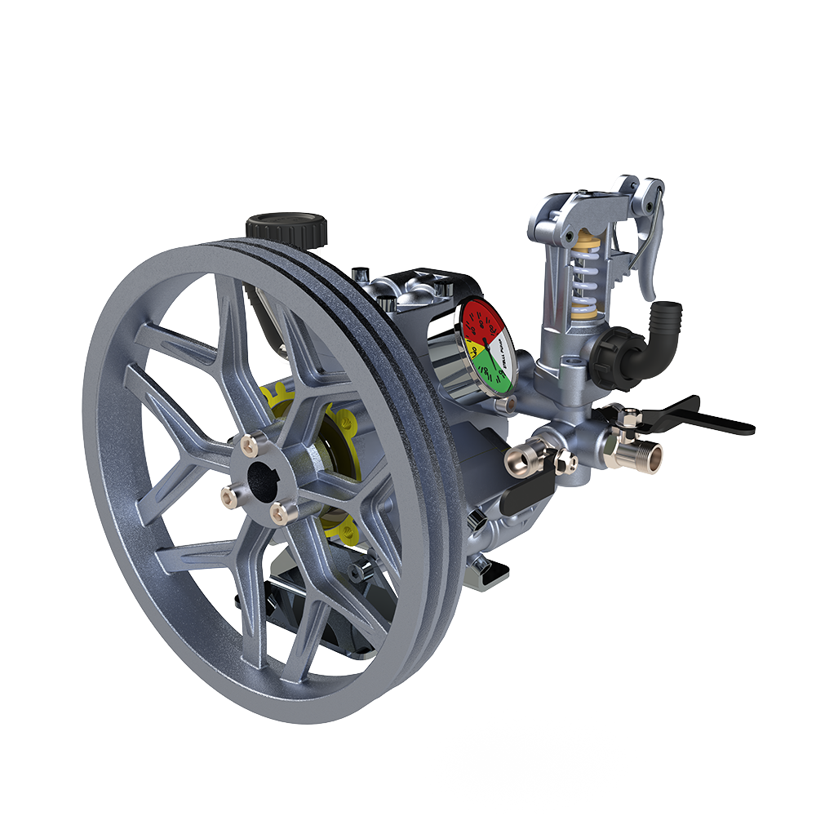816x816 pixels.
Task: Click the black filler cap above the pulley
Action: click(x=286, y=225)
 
